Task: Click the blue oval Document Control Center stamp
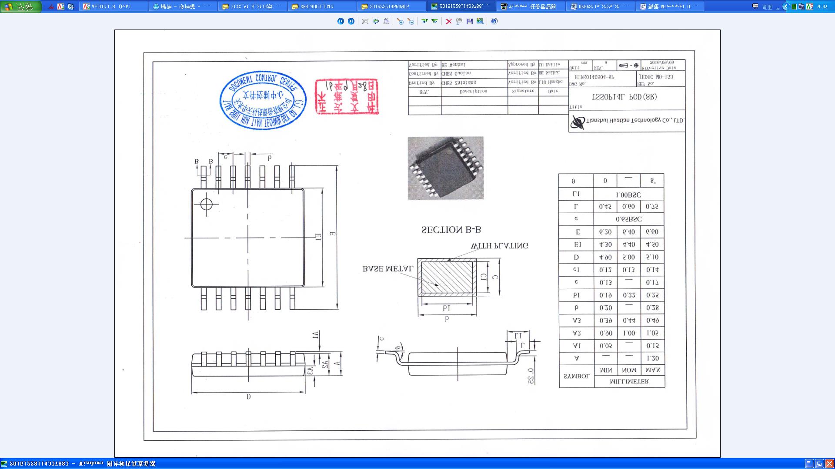(263, 100)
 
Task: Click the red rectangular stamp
(347, 96)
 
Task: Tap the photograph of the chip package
(445, 168)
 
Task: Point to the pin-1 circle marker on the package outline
(207, 204)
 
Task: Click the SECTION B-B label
(451, 230)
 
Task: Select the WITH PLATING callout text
(499, 246)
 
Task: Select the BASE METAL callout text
(387, 269)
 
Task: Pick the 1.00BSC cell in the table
(628, 195)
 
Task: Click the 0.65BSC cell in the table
(628, 219)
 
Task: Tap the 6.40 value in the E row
(628, 232)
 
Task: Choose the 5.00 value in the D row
(628, 257)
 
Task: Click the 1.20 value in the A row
(652, 358)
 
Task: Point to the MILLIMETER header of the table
(629, 382)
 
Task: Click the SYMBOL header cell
(576, 376)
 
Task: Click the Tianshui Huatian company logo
(578, 122)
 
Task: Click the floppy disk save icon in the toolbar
(469, 21)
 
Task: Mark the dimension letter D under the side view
(248, 397)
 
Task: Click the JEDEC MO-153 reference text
(656, 77)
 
